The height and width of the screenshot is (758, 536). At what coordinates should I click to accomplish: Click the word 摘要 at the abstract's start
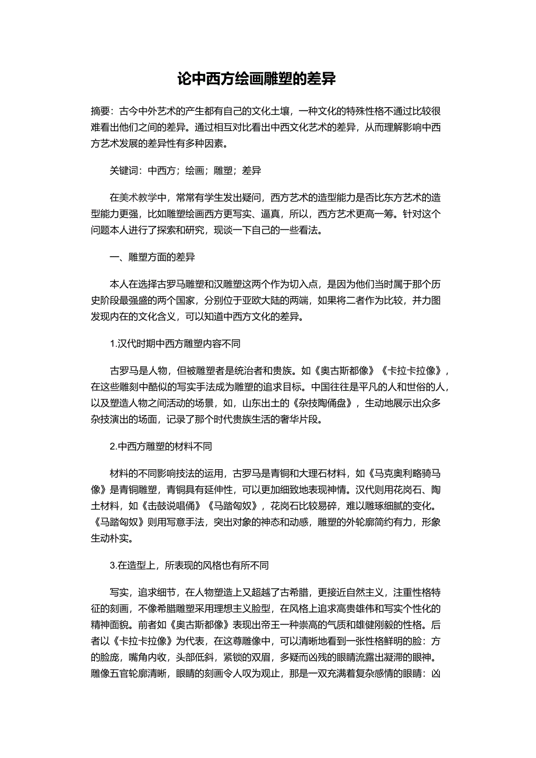coord(100,110)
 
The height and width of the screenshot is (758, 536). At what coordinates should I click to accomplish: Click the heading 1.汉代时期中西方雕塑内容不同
coord(175,343)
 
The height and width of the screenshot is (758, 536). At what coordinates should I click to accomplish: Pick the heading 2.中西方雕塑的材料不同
coord(161,447)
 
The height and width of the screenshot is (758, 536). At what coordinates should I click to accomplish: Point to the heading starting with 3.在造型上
coord(189,565)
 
